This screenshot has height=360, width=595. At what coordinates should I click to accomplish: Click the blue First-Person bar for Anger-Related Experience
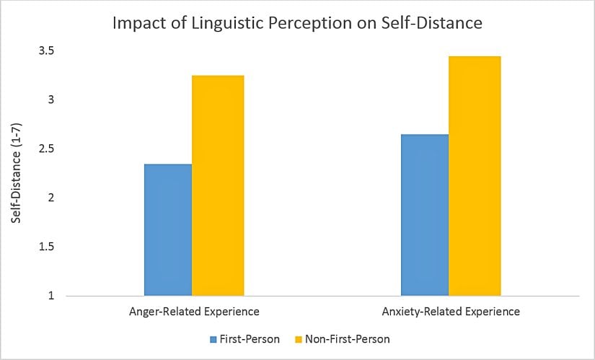(168, 229)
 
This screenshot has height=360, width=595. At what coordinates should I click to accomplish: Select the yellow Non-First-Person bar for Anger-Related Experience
(218, 185)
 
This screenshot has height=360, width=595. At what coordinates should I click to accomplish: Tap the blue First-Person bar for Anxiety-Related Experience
(424, 214)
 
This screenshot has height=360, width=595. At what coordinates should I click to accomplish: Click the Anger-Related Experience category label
(194, 312)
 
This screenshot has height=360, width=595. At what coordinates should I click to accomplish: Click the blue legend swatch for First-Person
(213, 338)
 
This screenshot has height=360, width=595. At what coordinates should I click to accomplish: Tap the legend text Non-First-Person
(349, 338)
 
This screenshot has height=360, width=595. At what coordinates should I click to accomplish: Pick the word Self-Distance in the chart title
(432, 23)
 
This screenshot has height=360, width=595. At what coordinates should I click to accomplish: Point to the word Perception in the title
(312, 23)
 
